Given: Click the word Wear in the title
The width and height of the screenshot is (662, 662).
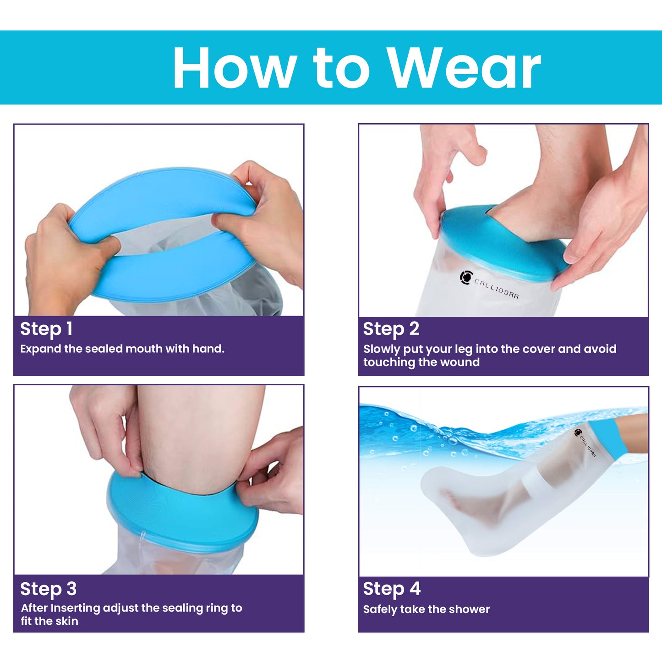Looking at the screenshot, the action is (x=464, y=68).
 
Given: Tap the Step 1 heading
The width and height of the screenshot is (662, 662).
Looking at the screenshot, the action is (x=46, y=329).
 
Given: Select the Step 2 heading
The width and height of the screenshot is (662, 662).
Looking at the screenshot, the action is (x=391, y=329).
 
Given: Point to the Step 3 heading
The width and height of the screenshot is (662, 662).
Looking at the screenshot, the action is (x=48, y=589).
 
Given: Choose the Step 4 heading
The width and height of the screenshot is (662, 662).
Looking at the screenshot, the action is (x=392, y=589).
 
